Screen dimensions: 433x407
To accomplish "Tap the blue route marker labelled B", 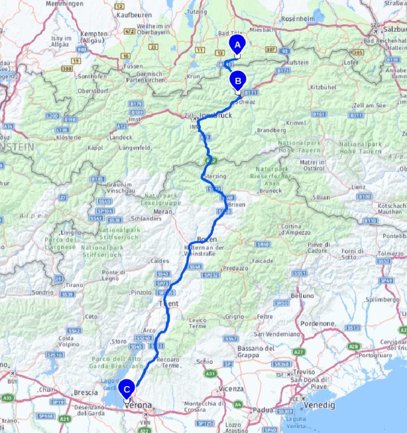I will pyautogui.click(x=237, y=81).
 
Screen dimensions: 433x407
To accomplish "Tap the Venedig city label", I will pyautogui.click(x=319, y=405).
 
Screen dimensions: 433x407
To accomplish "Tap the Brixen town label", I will pyautogui.click(x=237, y=204).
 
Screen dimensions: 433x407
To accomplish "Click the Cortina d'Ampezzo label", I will pyautogui.click(x=296, y=229).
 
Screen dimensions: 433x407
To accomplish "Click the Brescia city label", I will pyautogui.click(x=86, y=392).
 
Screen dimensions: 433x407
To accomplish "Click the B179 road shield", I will pyautogui.click(x=136, y=104).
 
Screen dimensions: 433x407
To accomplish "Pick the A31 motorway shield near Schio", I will pyautogui.click(x=209, y=373).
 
